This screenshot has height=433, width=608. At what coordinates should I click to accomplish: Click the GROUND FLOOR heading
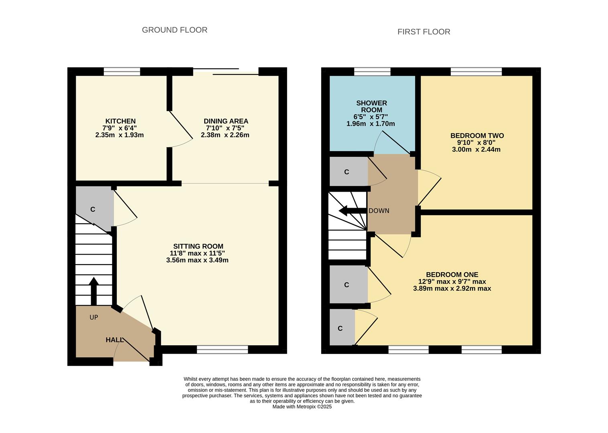tap(174, 30)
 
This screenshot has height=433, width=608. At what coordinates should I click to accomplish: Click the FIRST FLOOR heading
tap(424, 32)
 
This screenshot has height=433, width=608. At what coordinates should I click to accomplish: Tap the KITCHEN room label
tap(120, 121)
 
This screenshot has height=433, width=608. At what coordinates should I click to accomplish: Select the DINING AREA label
tap(226, 121)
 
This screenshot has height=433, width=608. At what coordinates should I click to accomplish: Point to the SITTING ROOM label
tap(198, 246)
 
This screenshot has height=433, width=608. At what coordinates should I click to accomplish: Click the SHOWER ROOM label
tap(371, 107)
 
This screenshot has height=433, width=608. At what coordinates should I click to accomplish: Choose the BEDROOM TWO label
tap(477, 136)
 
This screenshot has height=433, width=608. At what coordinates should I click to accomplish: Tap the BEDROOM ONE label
tap(452, 275)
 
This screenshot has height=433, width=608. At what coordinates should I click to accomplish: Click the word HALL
tap(114, 340)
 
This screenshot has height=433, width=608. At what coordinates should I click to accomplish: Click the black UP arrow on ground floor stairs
tap(93, 291)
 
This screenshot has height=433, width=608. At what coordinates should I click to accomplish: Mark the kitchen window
tap(122, 72)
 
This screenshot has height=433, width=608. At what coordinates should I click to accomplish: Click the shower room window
tap(372, 72)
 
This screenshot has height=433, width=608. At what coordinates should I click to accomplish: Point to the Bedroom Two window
tap(476, 72)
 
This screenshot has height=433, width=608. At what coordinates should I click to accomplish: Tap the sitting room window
tap(222, 350)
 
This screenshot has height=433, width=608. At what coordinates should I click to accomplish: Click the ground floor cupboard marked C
tap(93, 209)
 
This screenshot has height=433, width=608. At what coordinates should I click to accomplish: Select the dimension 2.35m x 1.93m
tap(120, 135)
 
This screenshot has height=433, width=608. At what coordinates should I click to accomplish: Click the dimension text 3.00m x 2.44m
tap(476, 150)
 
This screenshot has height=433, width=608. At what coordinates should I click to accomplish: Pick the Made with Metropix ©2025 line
tap(302, 407)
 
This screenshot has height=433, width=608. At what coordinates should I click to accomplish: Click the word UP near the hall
tap(93, 317)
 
